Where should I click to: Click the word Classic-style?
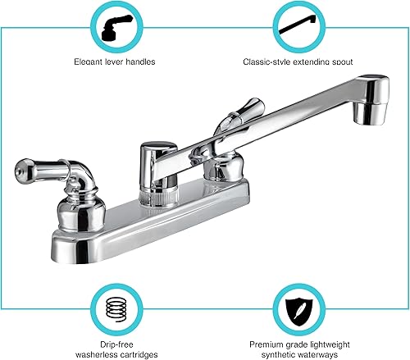point(264,61)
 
